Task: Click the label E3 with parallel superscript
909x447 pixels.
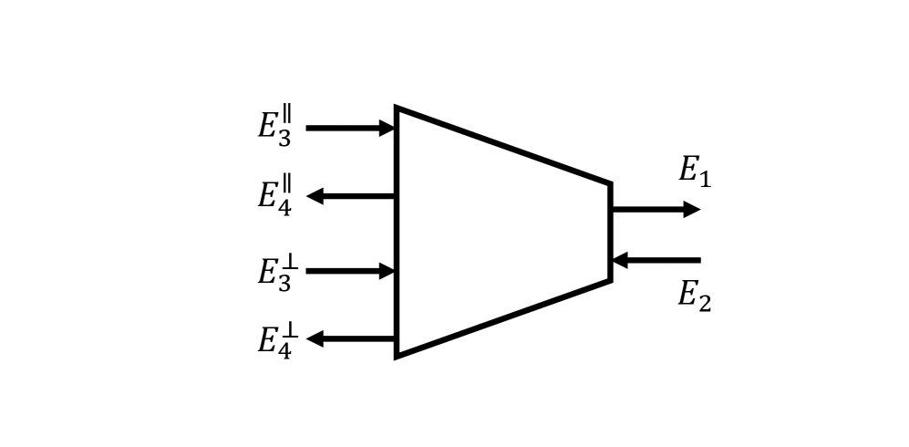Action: (274, 126)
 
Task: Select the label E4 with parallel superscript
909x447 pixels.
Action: (274, 194)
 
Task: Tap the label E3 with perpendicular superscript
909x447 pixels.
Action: (274, 273)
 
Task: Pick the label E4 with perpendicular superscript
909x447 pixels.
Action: (274, 340)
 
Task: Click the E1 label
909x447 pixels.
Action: (694, 171)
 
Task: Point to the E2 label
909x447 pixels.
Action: (694, 295)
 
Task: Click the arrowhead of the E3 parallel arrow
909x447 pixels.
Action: (387, 128)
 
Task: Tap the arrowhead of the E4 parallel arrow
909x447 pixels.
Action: (315, 196)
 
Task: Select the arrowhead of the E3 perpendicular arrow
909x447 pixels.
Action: (387, 271)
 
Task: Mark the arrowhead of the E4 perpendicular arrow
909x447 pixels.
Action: (315, 339)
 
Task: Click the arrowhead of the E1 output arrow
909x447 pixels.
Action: (692, 210)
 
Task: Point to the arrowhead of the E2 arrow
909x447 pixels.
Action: (619, 261)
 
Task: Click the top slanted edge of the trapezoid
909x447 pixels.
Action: (503, 146)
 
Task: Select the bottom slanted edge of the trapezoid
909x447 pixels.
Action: (503, 318)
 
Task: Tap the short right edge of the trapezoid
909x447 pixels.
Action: (610, 233)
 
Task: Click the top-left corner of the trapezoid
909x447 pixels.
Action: (398, 109)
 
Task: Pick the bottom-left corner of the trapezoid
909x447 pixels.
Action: (398, 355)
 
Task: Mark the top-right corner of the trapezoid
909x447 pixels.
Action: (609, 184)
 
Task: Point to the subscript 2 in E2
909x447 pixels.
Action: (704, 303)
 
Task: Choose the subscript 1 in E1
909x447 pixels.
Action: (704, 179)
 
